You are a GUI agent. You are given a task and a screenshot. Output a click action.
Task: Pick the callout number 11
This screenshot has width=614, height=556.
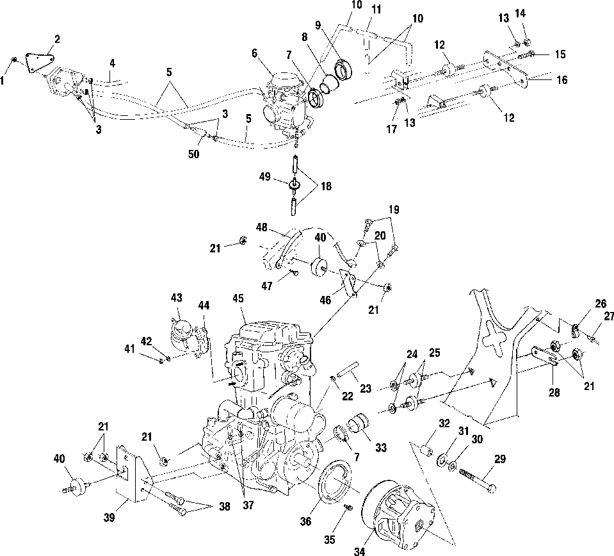(x=375, y=9)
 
